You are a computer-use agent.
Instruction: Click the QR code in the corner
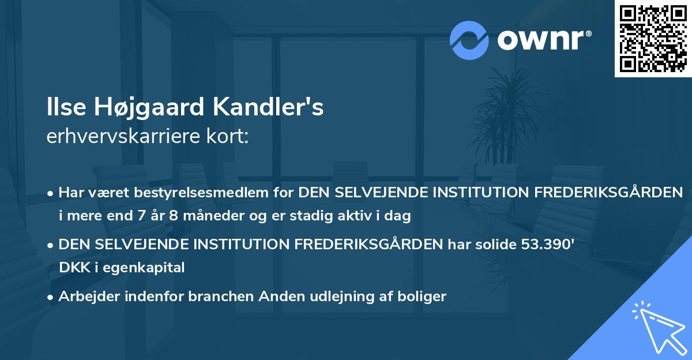653,39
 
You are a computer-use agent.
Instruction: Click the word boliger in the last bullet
424,297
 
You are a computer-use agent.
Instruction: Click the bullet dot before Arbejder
51,297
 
